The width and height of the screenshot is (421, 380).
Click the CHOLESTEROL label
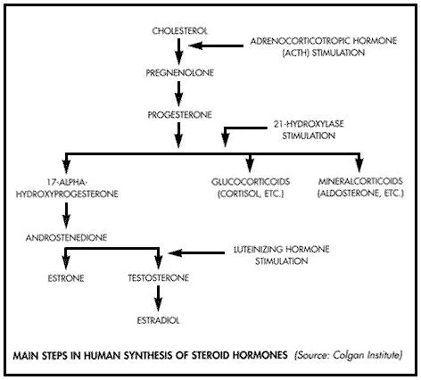[179, 31]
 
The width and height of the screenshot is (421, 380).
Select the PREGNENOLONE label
[179, 73]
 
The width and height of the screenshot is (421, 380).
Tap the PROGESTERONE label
[179, 115]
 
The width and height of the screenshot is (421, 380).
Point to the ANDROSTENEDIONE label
[66, 238]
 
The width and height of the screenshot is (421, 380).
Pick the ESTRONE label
[66, 278]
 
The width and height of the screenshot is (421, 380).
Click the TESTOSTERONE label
[159, 278]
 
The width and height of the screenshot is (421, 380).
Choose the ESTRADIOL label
[159, 320]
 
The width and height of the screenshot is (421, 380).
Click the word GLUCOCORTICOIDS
[251, 182]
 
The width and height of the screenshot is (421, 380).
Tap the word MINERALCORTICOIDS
[360, 181]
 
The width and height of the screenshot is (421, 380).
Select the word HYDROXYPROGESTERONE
[67, 194]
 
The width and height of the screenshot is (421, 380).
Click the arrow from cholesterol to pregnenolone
[178, 52]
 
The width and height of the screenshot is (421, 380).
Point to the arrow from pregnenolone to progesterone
[178, 94]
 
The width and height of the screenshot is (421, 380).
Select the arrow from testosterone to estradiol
[158, 299]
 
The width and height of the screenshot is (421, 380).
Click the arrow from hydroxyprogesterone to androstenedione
[66, 216]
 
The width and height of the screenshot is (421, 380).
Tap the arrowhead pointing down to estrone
[66, 263]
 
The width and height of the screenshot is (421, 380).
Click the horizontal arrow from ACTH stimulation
[216, 45]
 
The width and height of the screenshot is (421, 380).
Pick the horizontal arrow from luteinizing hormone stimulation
[196, 253]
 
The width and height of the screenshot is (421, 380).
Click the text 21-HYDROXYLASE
[309, 124]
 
